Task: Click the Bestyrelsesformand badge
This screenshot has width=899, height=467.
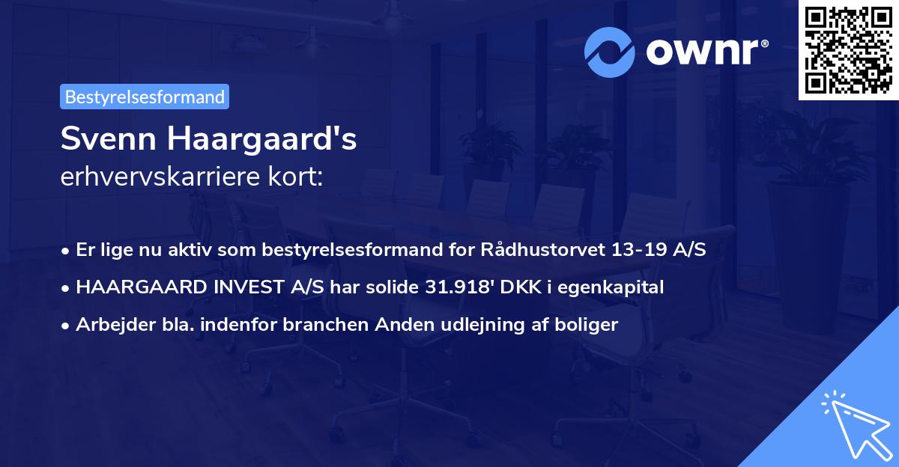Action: (145, 97)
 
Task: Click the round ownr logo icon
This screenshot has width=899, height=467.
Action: (610, 52)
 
